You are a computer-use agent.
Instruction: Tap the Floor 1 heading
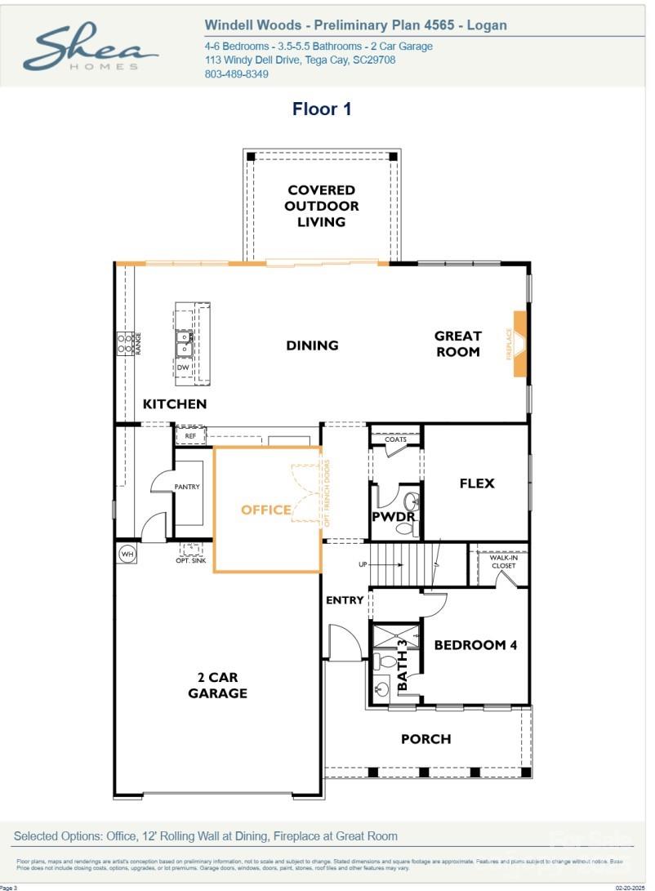click(x=322, y=109)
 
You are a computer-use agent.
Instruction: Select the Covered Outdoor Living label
click(x=321, y=206)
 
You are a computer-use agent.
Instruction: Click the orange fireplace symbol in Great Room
click(x=519, y=344)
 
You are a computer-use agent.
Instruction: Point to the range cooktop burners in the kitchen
click(x=125, y=343)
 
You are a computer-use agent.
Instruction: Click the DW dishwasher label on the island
click(x=183, y=368)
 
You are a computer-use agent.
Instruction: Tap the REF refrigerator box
click(x=190, y=436)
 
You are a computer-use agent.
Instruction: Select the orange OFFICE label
click(x=265, y=510)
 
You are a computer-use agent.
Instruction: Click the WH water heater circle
click(x=127, y=555)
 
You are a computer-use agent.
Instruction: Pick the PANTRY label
click(x=187, y=487)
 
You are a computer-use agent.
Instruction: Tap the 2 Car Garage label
click(x=217, y=685)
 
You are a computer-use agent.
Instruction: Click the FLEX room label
click(x=477, y=483)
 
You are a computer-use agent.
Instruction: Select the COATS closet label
click(x=395, y=439)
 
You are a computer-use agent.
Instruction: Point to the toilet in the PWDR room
click(x=412, y=501)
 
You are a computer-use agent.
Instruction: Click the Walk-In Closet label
click(x=503, y=560)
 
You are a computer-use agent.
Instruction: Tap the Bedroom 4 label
click(x=475, y=644)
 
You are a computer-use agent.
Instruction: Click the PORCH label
click(x=426, y=739)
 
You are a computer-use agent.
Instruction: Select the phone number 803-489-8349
click(x=236, y=74)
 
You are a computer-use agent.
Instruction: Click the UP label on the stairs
click(x=362, y=565)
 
